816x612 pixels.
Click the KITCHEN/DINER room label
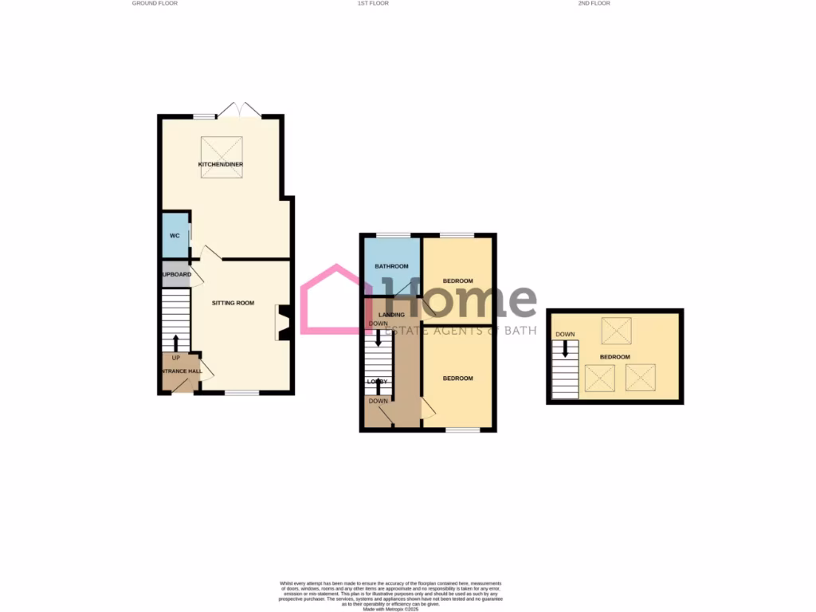(221, 164)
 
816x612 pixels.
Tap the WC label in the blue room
(175, 236)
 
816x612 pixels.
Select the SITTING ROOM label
(233, 303)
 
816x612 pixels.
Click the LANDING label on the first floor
(391, 315)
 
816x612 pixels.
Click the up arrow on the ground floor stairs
(176, 343)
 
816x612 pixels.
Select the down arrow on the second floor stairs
(566, 348)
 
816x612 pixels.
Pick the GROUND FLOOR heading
(155, 3)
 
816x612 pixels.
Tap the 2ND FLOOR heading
(594, 3)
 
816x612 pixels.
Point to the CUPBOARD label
(176, 274)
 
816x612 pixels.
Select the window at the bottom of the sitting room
(241, 392)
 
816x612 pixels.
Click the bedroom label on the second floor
(614, 356)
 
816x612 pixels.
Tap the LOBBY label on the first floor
(377, 382)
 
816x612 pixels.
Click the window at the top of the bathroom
(392, 234)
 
